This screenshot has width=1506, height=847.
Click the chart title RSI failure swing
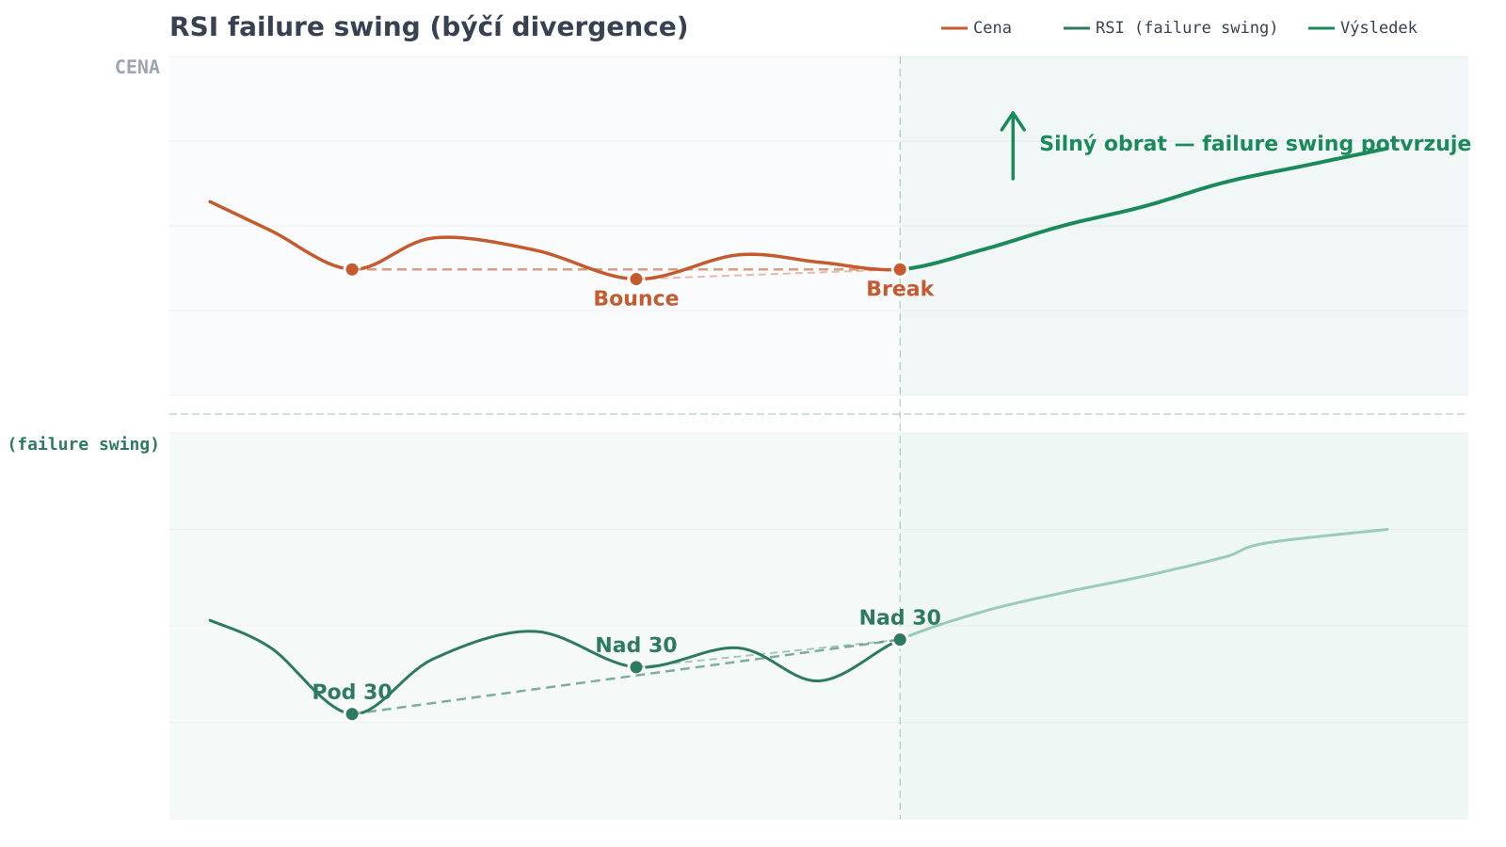click(x=428, y=27)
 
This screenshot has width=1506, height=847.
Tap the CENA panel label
click(x=137, y=67)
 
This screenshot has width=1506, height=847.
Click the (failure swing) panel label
click(x=84, y=444)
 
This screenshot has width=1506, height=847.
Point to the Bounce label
click(x=636, y=299)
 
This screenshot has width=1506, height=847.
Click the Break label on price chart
click(x=900, y=290)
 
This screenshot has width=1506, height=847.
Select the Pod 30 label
click(x=352, y=693)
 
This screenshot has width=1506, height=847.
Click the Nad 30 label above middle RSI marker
click(x=636, y=646)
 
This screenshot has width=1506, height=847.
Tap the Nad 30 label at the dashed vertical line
click(x=900, y=618)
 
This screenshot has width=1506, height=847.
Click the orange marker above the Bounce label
click(x=636, y=279)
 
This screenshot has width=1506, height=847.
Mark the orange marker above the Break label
click(x=900, y=269)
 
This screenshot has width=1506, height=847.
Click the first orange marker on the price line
click(x=352, y=269)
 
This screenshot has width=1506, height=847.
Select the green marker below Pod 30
click(x=352, y=713)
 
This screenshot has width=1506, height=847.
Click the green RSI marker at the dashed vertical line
click(x=900, y=640)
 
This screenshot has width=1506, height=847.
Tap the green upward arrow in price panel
click(x=1013, y=145)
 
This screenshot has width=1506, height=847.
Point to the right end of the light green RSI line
click(x=1386, y=529)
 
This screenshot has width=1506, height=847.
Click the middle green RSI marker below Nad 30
click(x=636, y=667)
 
